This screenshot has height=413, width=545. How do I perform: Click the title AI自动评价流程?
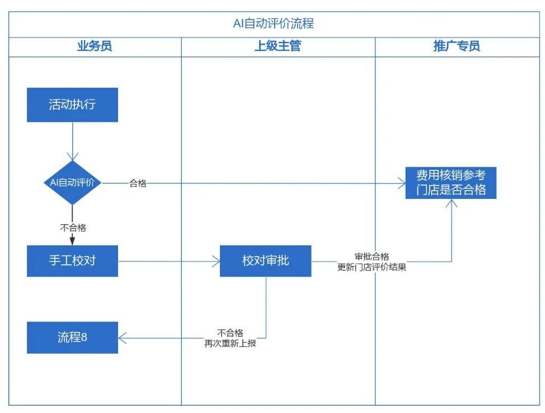coord(273,23)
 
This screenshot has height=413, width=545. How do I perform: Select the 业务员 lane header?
coord(95,46)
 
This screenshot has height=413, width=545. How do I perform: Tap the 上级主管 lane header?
coord(278,46)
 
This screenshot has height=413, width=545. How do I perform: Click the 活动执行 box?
coord(72,105)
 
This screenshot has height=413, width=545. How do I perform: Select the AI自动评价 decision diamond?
coord(72,183)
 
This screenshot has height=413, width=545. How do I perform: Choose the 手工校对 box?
coord(72,260)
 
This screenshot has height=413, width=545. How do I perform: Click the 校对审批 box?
coord(265,260)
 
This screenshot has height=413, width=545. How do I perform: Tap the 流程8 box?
coord(72,337)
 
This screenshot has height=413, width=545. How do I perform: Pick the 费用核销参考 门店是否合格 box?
coord(451,183)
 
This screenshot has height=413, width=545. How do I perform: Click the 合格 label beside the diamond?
coord(138,183)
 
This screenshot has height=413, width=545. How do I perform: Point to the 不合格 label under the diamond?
coord(73,227)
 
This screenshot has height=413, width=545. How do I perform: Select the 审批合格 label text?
coord(372,257)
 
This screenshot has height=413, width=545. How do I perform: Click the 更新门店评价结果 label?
coord(372,267)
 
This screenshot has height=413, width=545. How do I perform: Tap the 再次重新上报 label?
coord(230,343)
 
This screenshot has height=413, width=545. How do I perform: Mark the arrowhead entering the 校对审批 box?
coord(215,261)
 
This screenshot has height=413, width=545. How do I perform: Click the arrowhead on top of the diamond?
coord(72,156)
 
